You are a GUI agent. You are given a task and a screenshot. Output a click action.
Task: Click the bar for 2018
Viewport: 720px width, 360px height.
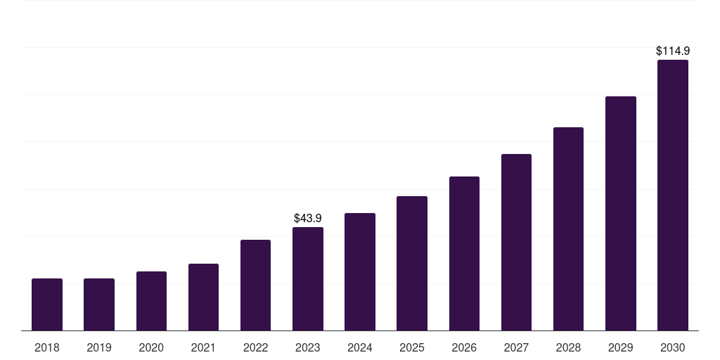pyautogui.click(x=47, y=304)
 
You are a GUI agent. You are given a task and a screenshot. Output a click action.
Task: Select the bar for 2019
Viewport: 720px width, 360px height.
pyautogui.click(x=99, y=304)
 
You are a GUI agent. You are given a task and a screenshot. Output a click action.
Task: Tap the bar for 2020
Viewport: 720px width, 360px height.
pyautogui.click(x=151, y=301)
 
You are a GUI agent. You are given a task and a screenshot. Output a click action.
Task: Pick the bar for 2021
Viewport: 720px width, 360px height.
pyautogui.click(x=203, y=297)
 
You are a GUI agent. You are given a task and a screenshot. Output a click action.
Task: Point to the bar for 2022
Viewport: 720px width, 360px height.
pyautogui.click(x=255, y=285)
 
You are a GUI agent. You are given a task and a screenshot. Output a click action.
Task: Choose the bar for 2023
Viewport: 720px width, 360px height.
pyautogui.click(x=308, y=278)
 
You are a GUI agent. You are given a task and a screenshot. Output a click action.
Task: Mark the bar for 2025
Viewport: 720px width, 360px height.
pyautogui.click(x=412, y=263)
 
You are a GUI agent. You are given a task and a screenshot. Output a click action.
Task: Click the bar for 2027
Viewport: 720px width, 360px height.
pyautogui.click(x=516, y=242)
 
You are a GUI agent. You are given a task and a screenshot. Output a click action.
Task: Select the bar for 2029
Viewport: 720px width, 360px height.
pyautogui.click(x=620, y=213)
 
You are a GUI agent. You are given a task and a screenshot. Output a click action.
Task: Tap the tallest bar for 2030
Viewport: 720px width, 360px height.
pyautogui.click(x=673, y=195)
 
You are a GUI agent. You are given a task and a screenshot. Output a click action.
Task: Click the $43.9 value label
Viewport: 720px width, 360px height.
pyautogui.click(x=308, y=219)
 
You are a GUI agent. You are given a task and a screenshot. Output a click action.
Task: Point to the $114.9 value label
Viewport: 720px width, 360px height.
pyautogui.click(x=673, y=51)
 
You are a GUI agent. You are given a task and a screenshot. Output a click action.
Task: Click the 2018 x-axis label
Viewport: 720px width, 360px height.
pyautogui.click(x=47, y=347)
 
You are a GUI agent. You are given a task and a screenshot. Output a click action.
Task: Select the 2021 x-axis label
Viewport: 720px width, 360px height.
pyautogui.click(x=203, y=347)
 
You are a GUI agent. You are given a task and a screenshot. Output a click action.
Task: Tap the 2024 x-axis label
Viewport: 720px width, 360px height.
pyautogui.click(x=360, y=347)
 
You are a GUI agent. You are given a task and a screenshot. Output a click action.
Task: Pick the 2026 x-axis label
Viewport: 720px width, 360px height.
pyautogui.click(x=464, y=347)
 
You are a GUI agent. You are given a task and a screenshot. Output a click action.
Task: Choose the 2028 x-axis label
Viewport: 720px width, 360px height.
pyautogui.click(x=568, y=347)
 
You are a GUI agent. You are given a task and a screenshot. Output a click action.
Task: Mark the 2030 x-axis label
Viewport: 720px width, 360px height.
pyautogui.click(x=673, y=347)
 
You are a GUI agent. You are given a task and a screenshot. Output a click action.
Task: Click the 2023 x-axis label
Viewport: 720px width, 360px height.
pyautogui.click(x=308, y=347)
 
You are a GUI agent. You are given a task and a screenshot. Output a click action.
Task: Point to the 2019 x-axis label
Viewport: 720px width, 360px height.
pyautogui.click(x=99, y=347)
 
